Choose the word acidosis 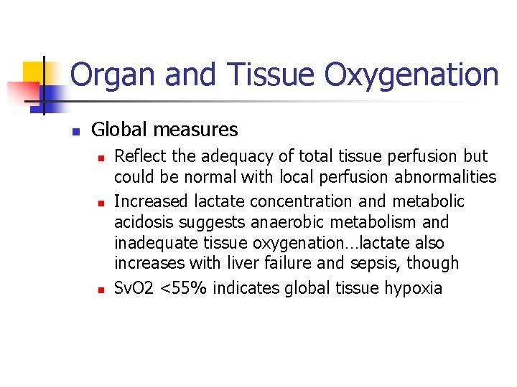point(141,223)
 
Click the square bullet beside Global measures point(74,131)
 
